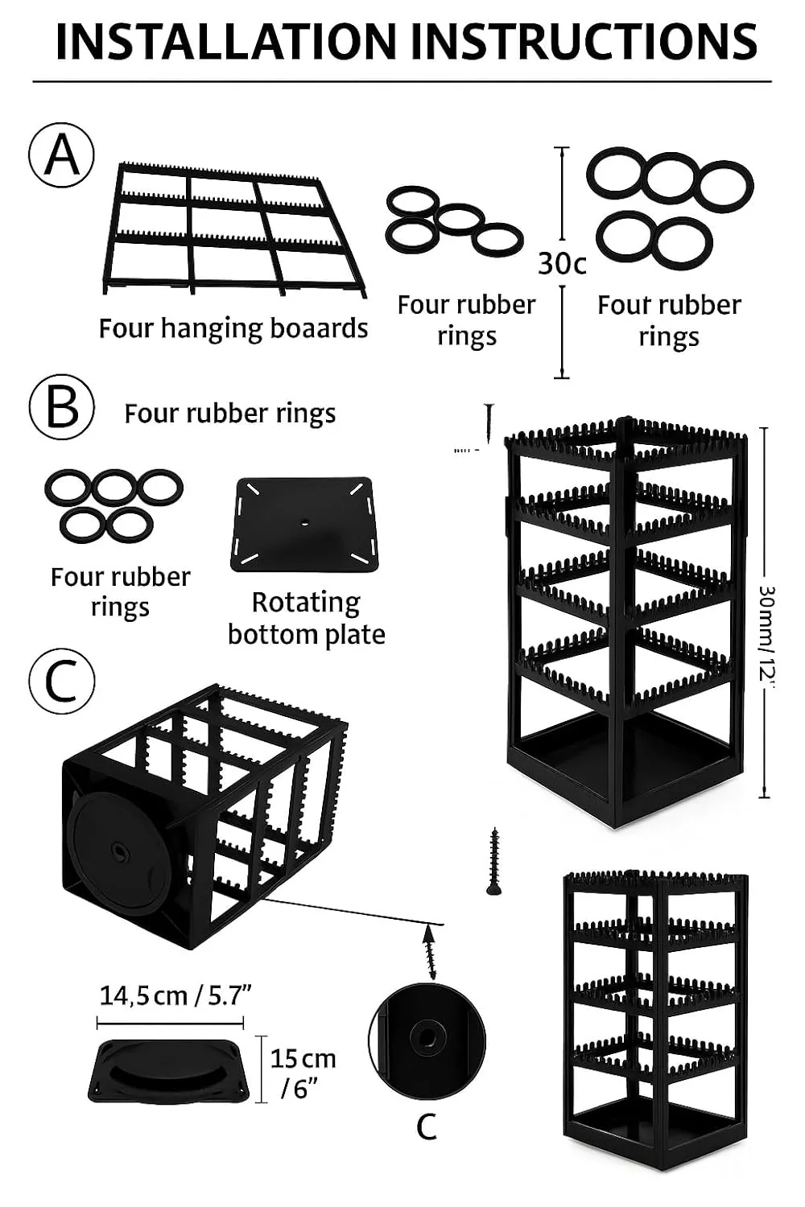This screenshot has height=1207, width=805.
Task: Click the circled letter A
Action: [x=62, y=154]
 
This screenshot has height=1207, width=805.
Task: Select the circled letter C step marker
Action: [x=62, y=681]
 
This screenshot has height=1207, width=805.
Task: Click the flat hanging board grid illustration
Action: [x=233, y=229]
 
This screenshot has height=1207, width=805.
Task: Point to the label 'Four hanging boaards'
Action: [x=233, y=328]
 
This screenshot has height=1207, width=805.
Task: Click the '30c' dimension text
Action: [x=562, y=263]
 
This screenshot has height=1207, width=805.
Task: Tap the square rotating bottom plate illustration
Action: [x=304, y=524]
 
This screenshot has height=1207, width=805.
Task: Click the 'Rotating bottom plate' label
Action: [x=306, y=618]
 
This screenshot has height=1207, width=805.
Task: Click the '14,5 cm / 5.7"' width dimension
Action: [x=175, y=995]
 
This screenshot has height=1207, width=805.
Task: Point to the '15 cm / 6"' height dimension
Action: [x=302, y=1073]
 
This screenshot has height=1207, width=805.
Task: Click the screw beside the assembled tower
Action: [x=494, y=862]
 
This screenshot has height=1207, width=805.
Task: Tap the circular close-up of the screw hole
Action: [x=427, y=1040]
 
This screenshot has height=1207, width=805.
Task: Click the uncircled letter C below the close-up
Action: [x=427, y=1127]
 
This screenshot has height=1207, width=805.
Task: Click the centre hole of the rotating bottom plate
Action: [x=305, y=523]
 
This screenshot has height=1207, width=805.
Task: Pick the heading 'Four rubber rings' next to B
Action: [x=229, y=414]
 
